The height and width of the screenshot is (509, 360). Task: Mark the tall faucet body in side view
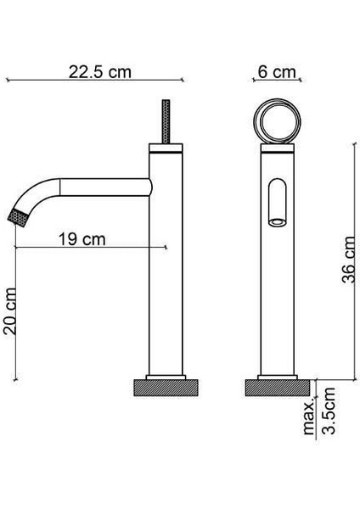pos(166,271)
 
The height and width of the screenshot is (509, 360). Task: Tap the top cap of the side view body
pos(166,149)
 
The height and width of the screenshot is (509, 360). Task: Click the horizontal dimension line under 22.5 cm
pos(93,81)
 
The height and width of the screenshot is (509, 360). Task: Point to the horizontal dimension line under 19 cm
pos(93,248)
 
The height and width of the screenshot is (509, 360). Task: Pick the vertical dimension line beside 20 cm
pos(19,314)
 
